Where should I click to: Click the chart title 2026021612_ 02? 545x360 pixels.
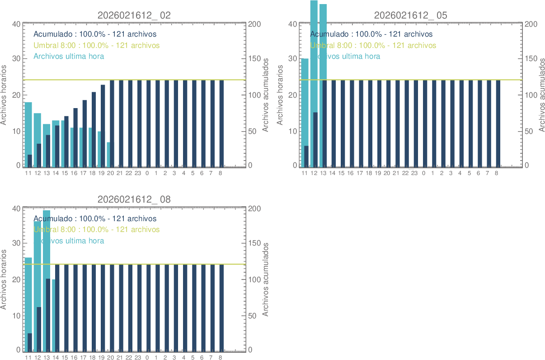click(134, 15)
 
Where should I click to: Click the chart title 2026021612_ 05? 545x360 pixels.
click(411, 15)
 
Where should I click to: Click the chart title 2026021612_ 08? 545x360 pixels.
click(134, 199)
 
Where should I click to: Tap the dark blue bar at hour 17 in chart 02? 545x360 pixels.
click(85, 134)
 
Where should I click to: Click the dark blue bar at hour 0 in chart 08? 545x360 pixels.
click(149, 308)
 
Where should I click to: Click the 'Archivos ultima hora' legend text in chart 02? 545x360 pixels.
click(69, 57)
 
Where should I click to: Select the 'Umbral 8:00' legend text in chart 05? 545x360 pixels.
click(373, 45)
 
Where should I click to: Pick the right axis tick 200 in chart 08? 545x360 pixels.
click(254, 209)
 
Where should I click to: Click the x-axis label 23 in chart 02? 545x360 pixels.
click(138, 173)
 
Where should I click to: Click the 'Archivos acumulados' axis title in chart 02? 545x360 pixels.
click(266, 95)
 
